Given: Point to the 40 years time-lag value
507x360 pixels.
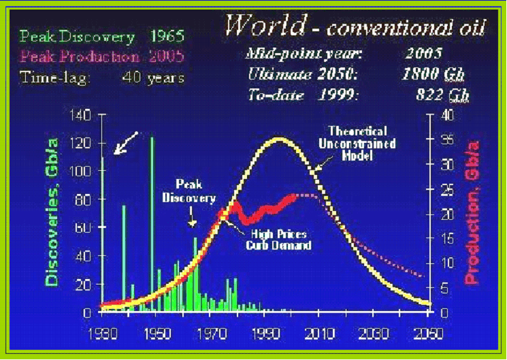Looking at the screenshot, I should tap(153, 77).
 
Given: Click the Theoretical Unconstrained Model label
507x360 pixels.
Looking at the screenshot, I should tap(357, 142).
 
